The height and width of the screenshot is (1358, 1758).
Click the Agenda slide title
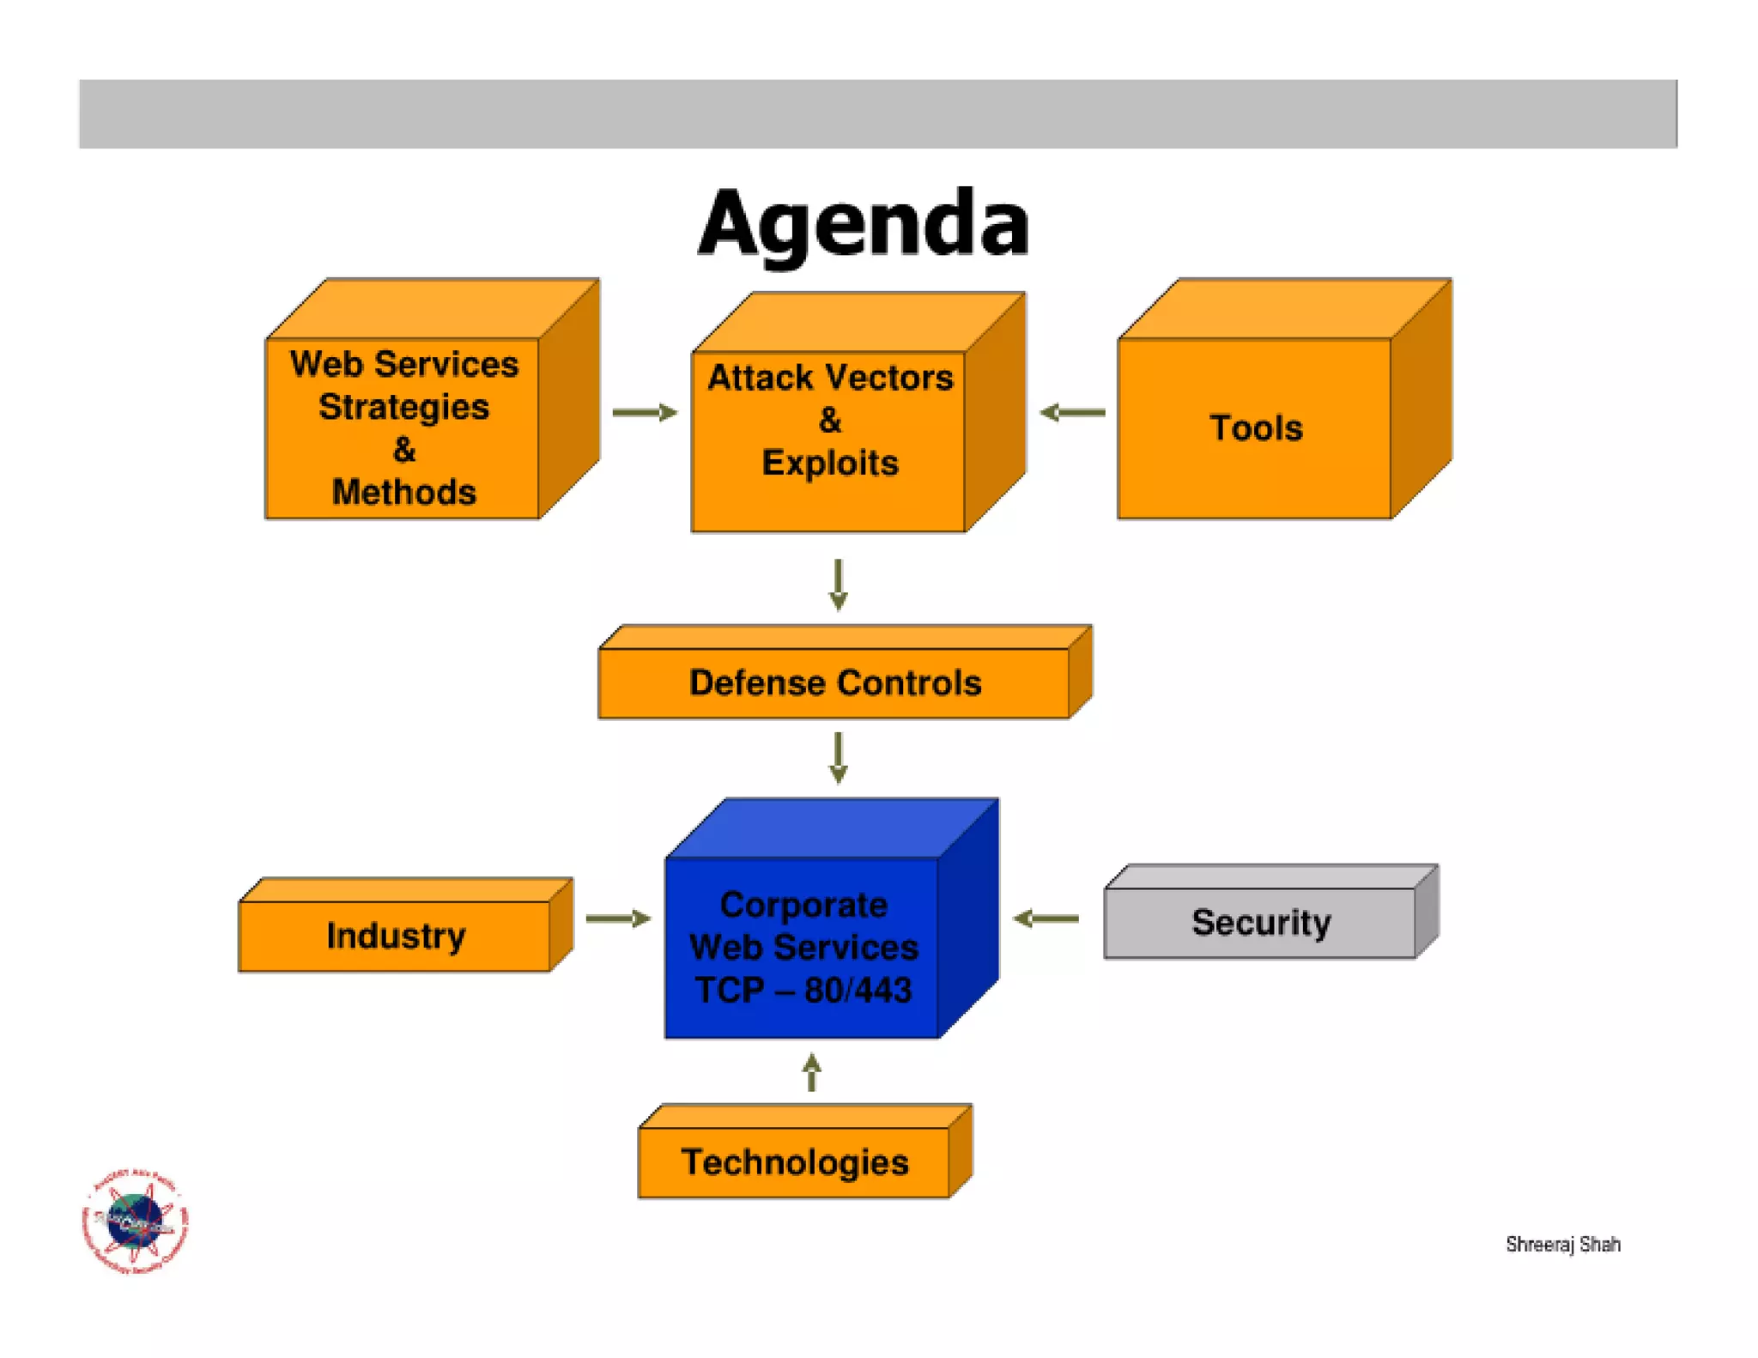pyautogui.click(x=863, y=223)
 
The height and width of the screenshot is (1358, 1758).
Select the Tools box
pyautogui.click(x=1255, y=427)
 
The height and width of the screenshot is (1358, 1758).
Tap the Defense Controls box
pyautogui.click(x=834, y=682)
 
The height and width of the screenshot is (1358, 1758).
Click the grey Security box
pyautogui.click(x=1260, y=922)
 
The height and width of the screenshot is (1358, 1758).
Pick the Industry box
pyautogui.click(x=395, y=936)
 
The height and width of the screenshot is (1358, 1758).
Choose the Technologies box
pyautogui.click(x=794, y=1162)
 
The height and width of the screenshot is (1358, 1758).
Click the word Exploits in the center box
pyautogui.click(x=829, y=463)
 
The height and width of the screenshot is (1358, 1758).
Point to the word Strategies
pyautogui.click(x=403, y=407)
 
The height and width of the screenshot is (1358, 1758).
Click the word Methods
pyautogui.click(x=403, y=492)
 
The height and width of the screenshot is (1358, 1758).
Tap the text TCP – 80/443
pyautogui.click(x=803, y=990)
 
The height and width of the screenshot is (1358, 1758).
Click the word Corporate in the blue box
pyautogui.click(x=803, y=905)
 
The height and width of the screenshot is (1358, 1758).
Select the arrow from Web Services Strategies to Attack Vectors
pyautogui.click(x=644, y=413)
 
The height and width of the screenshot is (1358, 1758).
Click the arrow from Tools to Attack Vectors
pyautogui.click(x=1072, y=413)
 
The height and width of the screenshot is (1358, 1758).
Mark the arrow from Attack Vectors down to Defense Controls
pyautogui.click(x=839, y=585)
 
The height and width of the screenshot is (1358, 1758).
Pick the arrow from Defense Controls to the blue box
pyautogui.click(x=839, y=757)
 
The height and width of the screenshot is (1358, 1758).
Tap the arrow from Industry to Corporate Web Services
pyautogui.click(x=618, y=918)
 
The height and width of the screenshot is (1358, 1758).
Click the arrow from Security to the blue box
pyautogui.click(x=1046, y=918)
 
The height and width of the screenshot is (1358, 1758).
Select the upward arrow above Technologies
pyautogui.click(x=812, y=1072)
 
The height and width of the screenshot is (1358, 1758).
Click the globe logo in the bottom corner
pyautogui.click(x=135, y=1221)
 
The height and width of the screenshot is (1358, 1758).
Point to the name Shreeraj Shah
pyautogui.click(x=1562, y=1244)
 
